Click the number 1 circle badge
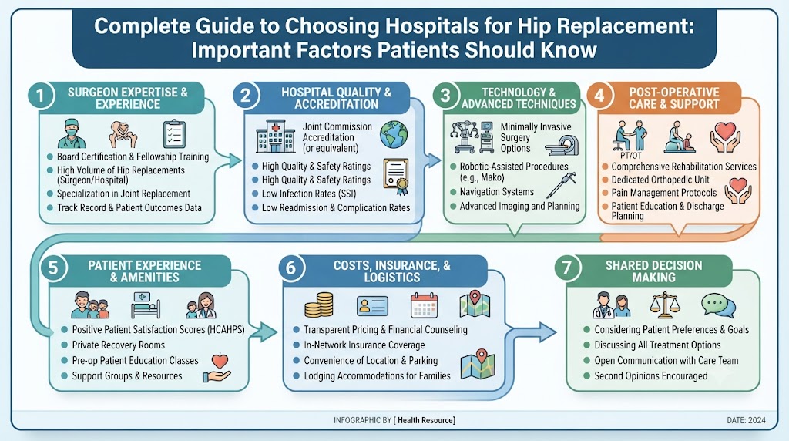pos(40,96)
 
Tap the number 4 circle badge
pos(599,95)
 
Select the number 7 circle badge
pos(567,268)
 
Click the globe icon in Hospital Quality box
pos(394,134)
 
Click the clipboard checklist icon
pos(175,134)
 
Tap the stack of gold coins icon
pos(319,305)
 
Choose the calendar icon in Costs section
pos(425,305)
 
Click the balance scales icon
pos(664,305)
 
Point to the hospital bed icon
pos(146,305)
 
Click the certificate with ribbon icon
pos(396,177)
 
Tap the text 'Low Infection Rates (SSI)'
pos(308,194)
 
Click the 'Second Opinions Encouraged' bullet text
pos(650,376)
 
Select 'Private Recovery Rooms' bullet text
pos(118,345)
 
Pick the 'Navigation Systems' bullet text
pos(497,192)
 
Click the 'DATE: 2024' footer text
pos(746,420)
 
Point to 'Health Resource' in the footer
pos(425,420)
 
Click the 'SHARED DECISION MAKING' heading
pos(653,271)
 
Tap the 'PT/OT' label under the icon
pos(630,156)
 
